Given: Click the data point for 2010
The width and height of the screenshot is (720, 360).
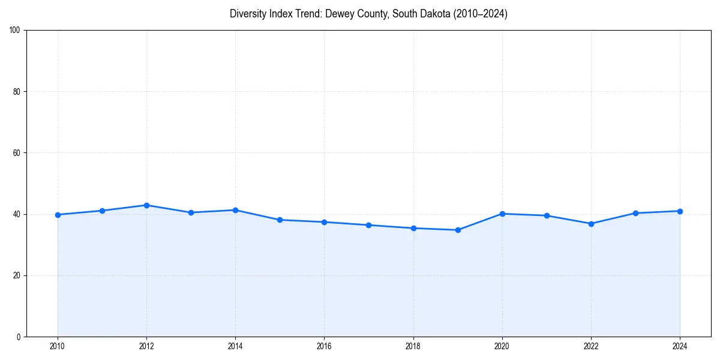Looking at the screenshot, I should [58, 215].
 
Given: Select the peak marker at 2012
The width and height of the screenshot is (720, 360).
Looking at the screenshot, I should [146, 205].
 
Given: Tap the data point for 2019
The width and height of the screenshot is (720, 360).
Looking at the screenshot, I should [458, 230].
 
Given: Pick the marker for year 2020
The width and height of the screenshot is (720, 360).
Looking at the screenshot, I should [502, 214].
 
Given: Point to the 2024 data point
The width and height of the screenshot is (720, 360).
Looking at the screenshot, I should [680, 211].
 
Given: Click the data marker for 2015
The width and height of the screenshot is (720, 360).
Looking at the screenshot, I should [280, 220].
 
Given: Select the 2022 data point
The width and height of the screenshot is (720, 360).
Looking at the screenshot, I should [591, 224].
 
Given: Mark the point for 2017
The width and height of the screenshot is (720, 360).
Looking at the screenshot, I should [368, 225].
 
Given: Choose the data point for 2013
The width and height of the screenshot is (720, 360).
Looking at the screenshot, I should [191, 212].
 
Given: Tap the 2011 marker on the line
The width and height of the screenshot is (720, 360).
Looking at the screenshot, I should [102, 211].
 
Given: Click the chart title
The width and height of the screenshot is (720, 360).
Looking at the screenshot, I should [368, 14].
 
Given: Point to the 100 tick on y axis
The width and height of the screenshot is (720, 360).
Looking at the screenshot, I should [16, 31].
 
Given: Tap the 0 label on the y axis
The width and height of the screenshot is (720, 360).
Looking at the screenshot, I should [19, 337].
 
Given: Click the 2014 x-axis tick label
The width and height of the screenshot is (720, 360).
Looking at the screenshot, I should [235, 346].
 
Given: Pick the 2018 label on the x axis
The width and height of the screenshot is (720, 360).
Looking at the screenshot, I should [413, 346].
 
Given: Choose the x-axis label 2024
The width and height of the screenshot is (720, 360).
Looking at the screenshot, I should [680, 346].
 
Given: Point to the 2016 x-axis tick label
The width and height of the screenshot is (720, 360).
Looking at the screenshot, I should [324, 346].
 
